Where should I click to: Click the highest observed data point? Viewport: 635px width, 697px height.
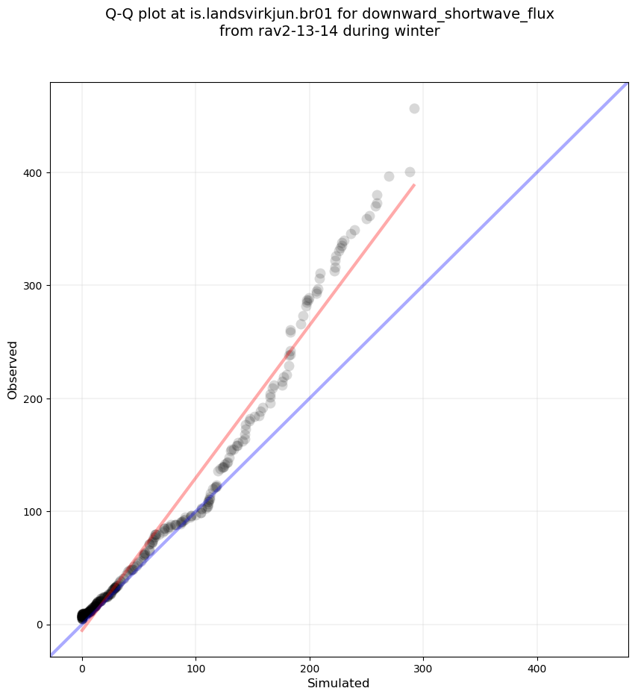click(x=414, y=109)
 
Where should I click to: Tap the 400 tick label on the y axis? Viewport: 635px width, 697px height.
click(x=34, y=173)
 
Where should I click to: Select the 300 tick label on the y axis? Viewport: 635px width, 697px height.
click(x=34, y=286)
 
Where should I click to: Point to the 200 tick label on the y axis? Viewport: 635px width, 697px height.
click(x=34, y=398)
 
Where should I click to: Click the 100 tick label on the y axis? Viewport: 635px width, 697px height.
click(x=34, y=511)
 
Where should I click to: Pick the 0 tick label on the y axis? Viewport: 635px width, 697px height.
click(x=40, y=625)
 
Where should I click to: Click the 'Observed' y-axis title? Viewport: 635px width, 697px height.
click(x=13, y=369)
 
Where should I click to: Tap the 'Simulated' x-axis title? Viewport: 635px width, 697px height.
click(x=339, y=683)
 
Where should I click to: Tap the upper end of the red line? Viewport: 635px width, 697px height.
click(x=413, y=185)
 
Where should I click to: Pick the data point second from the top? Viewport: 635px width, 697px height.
click(x=410, y=172)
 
